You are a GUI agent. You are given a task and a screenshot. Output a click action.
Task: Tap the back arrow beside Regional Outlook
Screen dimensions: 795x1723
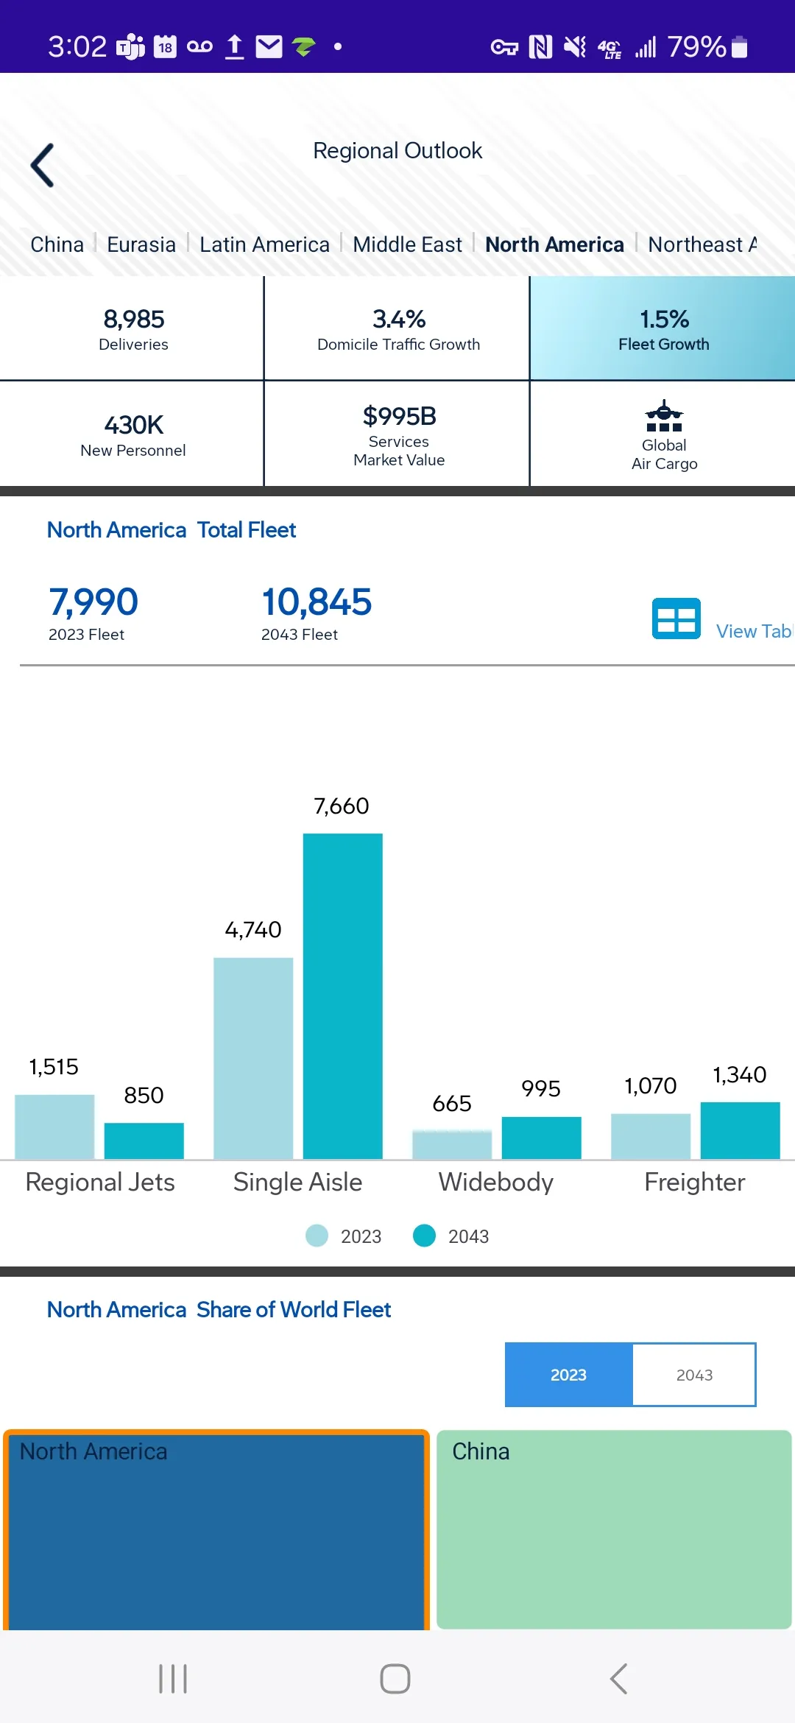click(42, 165)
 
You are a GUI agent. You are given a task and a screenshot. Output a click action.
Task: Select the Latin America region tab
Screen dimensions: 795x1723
click(264, 244)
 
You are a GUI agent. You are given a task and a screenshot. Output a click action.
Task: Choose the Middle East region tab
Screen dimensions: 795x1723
click(407, 244)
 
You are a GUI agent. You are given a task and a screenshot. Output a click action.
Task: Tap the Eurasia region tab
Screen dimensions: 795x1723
click(141, 244)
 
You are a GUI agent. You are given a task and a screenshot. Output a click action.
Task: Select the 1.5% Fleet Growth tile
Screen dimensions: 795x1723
click(662, 328)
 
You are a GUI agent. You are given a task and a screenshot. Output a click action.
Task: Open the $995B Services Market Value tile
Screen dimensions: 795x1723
click(397, 434)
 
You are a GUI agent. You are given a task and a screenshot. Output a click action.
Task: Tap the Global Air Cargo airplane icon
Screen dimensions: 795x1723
click(664, 415)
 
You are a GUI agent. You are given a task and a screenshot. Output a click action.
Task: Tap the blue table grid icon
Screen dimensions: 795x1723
click(676, 619)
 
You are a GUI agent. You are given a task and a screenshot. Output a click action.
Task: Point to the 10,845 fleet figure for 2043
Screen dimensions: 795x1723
click(317, 602)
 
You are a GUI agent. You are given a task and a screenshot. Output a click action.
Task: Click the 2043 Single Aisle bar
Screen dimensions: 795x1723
click(343, 996)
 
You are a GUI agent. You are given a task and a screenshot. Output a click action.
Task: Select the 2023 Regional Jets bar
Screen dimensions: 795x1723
click(54, 1127)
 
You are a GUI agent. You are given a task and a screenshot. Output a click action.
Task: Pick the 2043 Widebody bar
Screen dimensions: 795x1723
click(542, 1138)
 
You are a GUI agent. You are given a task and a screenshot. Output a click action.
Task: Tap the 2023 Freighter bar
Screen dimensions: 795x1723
click(651, 1137)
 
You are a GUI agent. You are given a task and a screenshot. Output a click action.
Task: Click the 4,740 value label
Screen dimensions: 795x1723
click(253, 930)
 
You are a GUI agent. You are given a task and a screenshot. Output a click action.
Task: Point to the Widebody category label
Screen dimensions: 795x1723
click(496, 1183)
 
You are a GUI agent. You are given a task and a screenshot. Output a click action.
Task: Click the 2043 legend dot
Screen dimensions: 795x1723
click(425, 1236)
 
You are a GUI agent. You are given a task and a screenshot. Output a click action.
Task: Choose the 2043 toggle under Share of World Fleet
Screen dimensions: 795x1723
click(694, 1375)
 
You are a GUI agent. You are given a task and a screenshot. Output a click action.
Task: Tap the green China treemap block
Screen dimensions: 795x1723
click(614, 1529)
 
